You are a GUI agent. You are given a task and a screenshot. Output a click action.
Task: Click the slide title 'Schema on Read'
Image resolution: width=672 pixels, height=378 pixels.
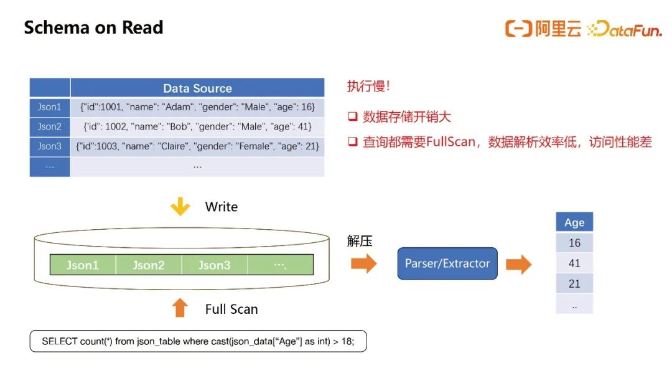(93, 27)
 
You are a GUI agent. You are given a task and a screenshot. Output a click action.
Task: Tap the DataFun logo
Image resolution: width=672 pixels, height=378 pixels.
(625, 29)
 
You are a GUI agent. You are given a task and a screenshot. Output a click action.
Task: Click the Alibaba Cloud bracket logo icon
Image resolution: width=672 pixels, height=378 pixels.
(518, 29)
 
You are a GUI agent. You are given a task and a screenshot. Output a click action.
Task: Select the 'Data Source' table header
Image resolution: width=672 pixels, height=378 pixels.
(198, 88)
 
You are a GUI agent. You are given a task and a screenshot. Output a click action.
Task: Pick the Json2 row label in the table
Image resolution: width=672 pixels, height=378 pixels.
(50, 126)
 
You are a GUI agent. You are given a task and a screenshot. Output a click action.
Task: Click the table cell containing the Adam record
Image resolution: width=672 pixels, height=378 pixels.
(198, 107)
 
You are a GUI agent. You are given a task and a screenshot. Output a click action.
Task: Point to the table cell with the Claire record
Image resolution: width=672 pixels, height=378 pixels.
(198, 146)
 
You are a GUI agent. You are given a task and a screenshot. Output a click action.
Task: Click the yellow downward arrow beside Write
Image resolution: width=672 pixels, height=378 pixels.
(180, 206)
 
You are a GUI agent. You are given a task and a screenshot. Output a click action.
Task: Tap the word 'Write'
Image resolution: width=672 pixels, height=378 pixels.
(221, 207)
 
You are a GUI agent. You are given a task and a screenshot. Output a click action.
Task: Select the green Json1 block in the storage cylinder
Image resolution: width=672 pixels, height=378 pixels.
(83, 265)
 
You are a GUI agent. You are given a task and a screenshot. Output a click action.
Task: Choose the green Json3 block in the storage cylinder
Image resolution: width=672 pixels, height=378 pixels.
(214, 265)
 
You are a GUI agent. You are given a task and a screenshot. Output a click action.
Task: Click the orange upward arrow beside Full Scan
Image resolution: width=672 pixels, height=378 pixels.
(180, 308)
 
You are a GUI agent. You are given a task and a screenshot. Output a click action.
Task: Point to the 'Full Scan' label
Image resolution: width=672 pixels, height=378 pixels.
(231, 309)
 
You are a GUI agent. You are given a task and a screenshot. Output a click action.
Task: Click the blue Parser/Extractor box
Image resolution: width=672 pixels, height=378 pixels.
(447, 263)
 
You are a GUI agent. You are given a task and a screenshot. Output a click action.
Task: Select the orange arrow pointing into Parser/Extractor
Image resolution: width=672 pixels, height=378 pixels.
(364, 263)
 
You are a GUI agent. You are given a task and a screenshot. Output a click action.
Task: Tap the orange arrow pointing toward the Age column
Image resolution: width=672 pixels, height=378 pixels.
(518, 264)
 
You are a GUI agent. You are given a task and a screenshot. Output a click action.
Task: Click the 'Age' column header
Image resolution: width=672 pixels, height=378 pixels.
(574, 222)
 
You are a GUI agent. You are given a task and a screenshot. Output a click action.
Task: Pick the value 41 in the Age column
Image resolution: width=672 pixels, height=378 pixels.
(574, 263)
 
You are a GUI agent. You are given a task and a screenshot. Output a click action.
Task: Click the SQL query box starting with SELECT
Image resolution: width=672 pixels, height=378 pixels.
(198, 341)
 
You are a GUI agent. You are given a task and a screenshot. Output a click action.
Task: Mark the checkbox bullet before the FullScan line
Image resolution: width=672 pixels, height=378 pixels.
(353, 141)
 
